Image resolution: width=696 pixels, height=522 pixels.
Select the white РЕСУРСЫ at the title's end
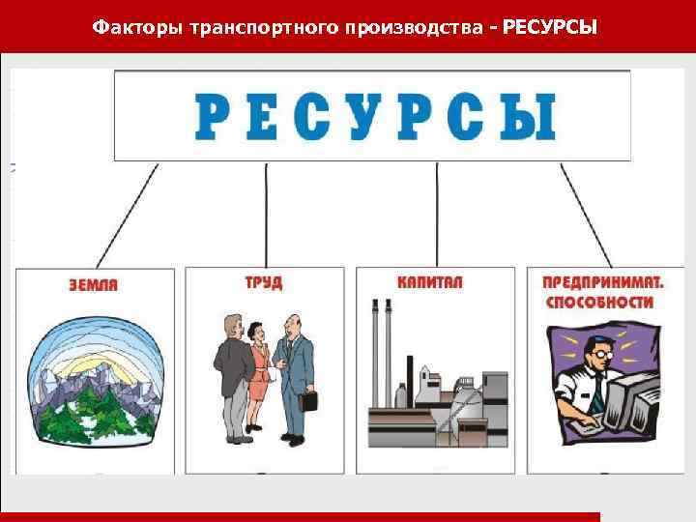click(x=550, y=27)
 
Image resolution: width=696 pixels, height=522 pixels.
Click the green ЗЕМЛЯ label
click(x=94, y=285)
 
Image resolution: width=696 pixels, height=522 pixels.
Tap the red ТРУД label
click(x=264, y=282)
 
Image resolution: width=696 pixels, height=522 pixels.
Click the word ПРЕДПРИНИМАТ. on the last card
click(x=603, y=283)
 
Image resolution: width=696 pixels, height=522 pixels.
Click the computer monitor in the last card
click(x=629, y=396)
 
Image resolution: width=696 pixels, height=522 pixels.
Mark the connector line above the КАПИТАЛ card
click(x=437, y=213)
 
